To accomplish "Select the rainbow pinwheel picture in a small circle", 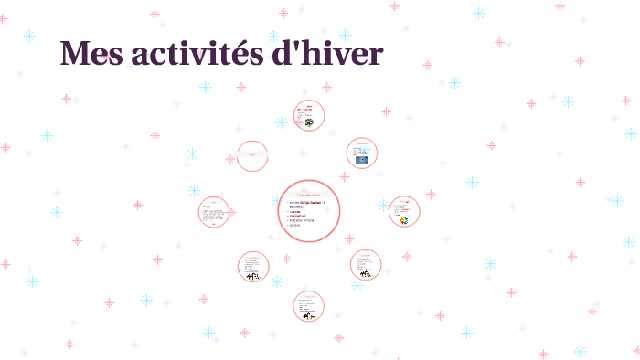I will [x=404, y=219].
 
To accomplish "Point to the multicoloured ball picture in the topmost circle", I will [x=309, y=122].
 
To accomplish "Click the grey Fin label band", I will [x=252, y=155].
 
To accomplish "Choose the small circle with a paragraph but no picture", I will [x=214, y=212].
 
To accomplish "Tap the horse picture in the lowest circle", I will [x=310, y=316].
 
